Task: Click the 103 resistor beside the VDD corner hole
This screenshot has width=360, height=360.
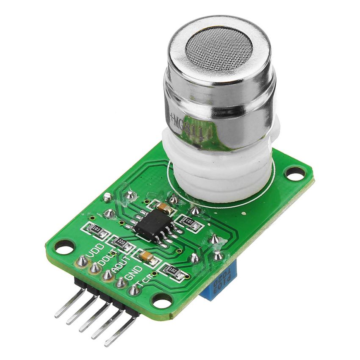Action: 96,230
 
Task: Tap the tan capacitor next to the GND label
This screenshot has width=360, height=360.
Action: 146,256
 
